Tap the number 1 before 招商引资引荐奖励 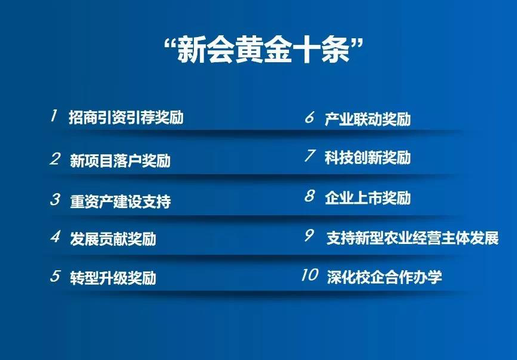tap(54, 115)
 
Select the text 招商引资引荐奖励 tap(126, 117)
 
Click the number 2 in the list tap(55, 159)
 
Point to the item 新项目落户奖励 tap(120, 161)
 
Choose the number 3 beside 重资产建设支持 tap(55, 199)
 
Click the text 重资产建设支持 tap(120, 201)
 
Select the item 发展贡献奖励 tap(112, 239)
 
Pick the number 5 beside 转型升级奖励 tap(55, 276)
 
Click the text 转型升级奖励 tap(112, 278)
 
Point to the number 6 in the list tap(309, 117)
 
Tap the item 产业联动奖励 tap(367, 119)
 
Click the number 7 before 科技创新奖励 tap(309, 156)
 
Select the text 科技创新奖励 tap(367, 158)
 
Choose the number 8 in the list tap(309, 196)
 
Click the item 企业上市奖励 tap(367, 197)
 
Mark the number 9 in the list tap(309, 236)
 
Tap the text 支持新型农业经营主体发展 tap(412, 237)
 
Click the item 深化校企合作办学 tap(384, 277)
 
